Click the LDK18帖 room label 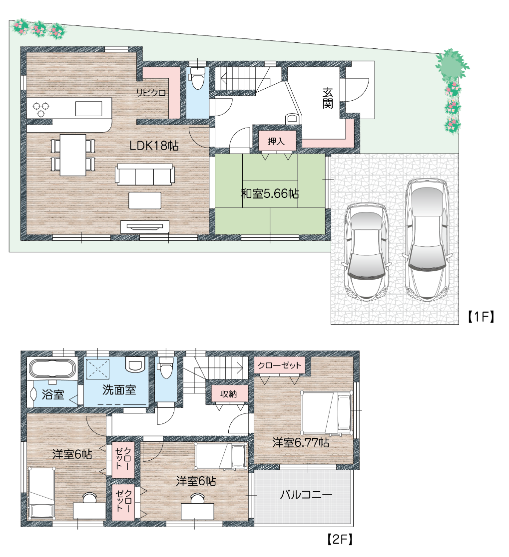coord(154,146)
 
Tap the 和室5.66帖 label coord(270,193)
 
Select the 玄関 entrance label coord(328,98)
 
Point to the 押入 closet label coord(276,142)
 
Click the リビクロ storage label coord(151,93)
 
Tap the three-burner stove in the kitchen coord(41,109)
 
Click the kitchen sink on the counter coord(88,108)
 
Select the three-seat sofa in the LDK coord(145,174)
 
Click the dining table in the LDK coord(73,155)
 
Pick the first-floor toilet coord(197,77)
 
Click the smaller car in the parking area coord(367,252)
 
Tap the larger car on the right coord(427,240)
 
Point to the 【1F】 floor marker coord(481,317)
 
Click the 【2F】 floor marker coord(340,539)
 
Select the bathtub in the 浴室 coord(52,369)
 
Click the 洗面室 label coord(119,389)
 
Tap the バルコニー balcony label coord(306,494)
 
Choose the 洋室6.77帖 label coord(301,443)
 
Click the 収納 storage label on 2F coord(228,394)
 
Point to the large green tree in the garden coord(452,65)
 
